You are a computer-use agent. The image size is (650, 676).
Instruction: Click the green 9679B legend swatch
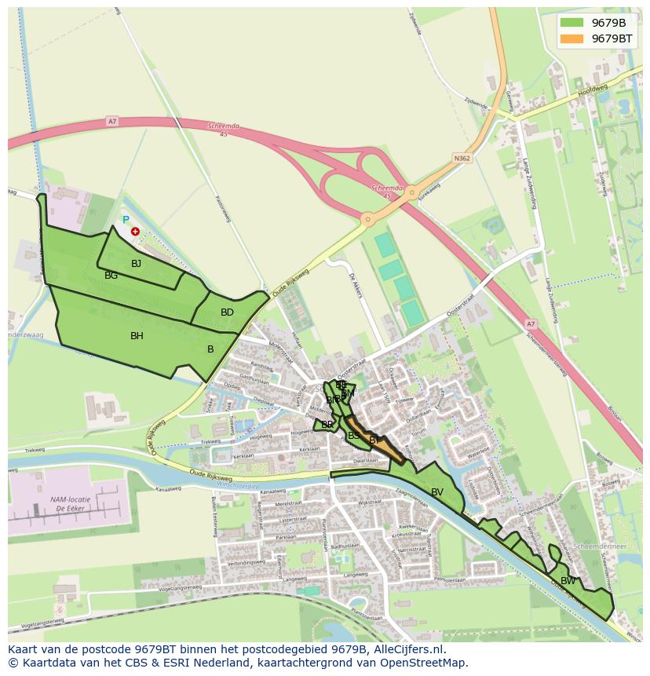(572, 23)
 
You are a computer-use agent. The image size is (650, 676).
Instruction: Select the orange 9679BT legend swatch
(572, 38)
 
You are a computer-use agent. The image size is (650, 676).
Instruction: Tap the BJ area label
(136, 264)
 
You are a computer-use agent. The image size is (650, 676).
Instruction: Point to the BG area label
(111, 276)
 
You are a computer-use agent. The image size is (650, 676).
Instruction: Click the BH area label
(137, 336)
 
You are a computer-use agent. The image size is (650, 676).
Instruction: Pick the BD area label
(227, 312)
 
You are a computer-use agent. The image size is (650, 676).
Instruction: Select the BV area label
(436, 492)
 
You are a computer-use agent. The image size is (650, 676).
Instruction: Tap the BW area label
(568, 581)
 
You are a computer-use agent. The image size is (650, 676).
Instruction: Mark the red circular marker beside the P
(135, 232)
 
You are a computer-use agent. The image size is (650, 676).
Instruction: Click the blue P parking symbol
(125, 221)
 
